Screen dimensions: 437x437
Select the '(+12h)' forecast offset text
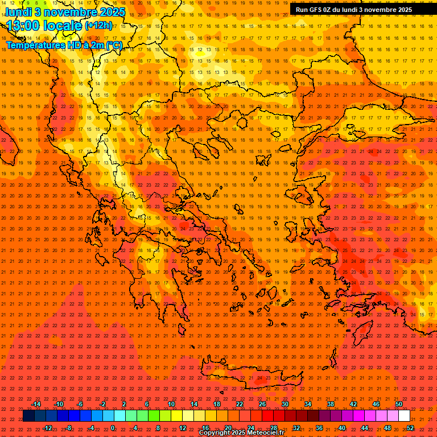[x=98, y=26]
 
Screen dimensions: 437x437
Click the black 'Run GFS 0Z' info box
[x=353, y=9]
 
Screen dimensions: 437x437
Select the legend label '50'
[x=399, y=404]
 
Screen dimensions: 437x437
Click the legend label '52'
[x=410, y=427]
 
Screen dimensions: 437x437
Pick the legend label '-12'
[x=47, y=427]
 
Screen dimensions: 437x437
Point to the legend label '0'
[x=113, y=427]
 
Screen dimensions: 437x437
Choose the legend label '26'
[x=262, y=404]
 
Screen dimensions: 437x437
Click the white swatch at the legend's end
[x=405, y=416]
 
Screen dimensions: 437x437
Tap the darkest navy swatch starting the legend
[x=28, y=416]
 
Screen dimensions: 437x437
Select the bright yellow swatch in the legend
[x=176, y=416]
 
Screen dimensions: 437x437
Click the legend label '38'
[x=331, y=404]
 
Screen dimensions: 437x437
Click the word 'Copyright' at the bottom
[x=217, y=433]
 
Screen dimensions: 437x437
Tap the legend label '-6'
[x=80, y=404]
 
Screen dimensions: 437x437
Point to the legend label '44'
[x=365, y=427]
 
